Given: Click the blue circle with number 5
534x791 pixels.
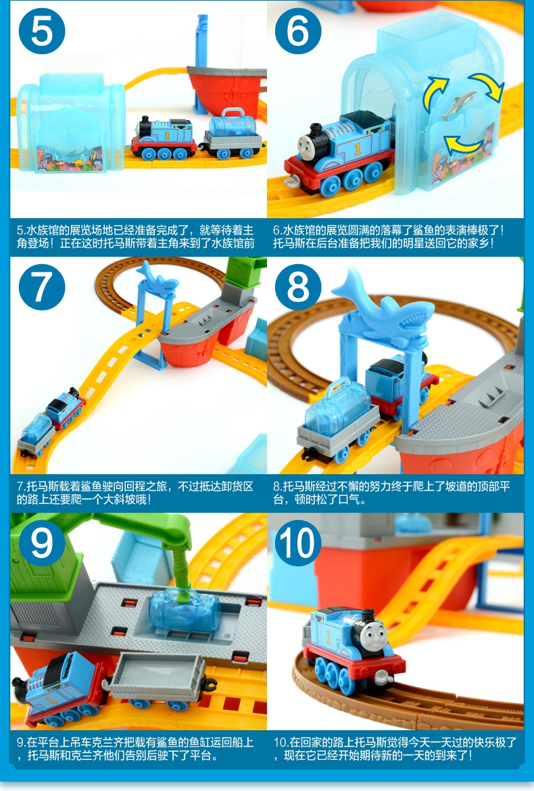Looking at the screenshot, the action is (42, 31).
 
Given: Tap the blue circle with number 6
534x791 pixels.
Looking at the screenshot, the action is (298, 31).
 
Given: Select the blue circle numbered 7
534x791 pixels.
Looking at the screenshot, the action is (42, 287).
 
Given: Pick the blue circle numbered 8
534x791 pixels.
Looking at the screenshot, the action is (298, 287).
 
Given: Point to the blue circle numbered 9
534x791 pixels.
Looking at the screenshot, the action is (42, 543).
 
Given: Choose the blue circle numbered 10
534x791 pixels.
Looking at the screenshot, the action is (298, 543).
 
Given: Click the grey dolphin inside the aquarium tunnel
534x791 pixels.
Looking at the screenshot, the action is (458, 105).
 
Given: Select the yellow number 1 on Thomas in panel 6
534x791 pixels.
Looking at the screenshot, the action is (358, 149).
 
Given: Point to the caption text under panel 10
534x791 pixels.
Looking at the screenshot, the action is (395, 749).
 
